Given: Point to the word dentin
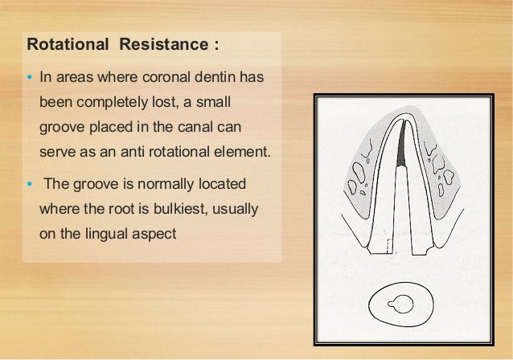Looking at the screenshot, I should [223, 79].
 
